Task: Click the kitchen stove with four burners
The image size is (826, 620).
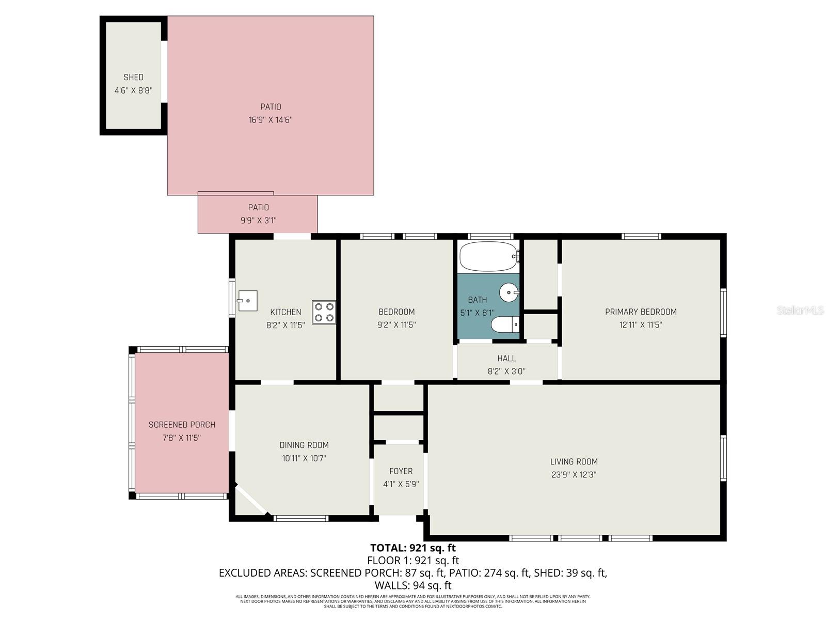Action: pos(324,312)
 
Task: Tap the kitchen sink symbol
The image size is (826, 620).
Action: pos(247,301)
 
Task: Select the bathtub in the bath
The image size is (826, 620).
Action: pos(488,256)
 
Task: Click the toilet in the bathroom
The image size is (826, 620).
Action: pos(505,324)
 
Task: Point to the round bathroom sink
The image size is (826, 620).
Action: pos(509,292)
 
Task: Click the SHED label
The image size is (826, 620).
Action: pos(133,78)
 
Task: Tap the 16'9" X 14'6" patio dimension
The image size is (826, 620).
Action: pos(271,120)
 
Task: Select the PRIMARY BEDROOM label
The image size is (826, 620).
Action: pos(641,312)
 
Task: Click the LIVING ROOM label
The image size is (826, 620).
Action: pos(574,462)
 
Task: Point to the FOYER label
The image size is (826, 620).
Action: pos(401,471)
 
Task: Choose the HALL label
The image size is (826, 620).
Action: pos(506,358)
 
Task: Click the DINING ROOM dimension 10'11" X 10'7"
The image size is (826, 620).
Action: pos(304,458)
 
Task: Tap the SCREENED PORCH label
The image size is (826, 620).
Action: pos(182,425)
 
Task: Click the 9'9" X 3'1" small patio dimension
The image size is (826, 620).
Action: pos(258,221)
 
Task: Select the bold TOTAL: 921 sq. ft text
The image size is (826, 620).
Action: pos(412,548)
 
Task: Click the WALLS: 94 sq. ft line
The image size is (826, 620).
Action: pos(412,585)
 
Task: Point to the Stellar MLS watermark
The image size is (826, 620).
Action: pos(800,310)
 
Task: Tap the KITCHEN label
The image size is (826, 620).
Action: pos(285,312)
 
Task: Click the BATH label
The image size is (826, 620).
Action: pos(477,300)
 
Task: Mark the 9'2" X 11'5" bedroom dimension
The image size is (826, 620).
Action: pos(396,325)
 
